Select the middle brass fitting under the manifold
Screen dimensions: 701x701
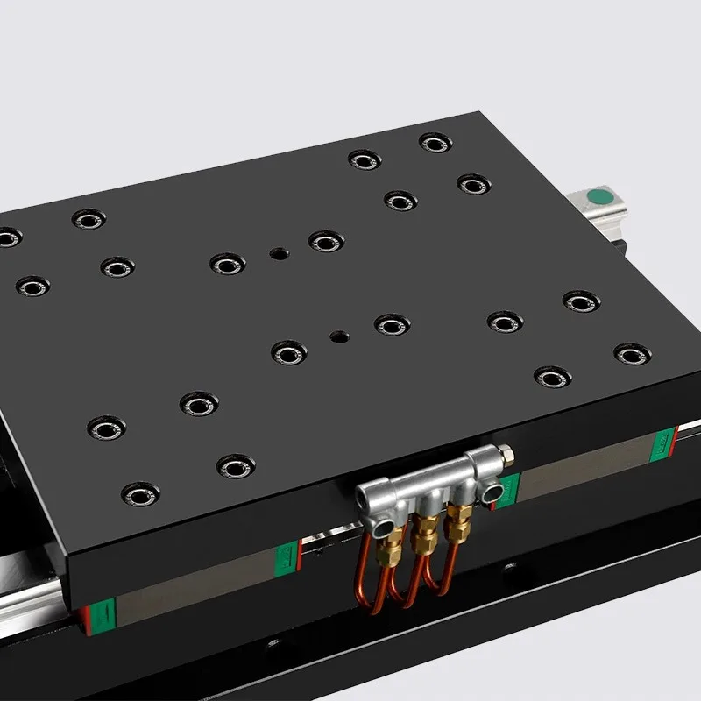coord(427,531)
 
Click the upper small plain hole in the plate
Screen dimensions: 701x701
coord(278,254)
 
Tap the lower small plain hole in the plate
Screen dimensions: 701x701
coord(338,336)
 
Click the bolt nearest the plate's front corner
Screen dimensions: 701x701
coord(141,495)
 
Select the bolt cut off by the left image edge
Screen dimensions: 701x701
coord(7,237)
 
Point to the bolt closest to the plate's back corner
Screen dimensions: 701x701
coord(435,143)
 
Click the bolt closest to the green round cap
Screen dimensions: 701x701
coord(473,184)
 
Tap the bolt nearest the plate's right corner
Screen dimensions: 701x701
coord(632,354)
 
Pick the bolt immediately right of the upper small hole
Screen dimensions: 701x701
coord(325,241)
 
